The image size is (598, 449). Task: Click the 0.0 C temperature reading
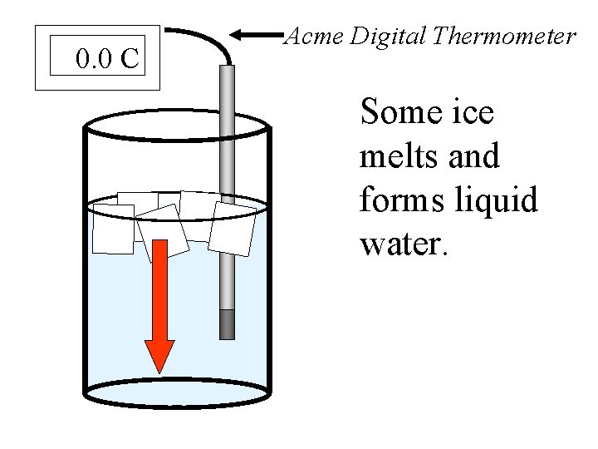tap(106, 59)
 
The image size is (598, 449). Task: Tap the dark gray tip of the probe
tap(227, 324)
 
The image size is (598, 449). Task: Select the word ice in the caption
tap(473, 112)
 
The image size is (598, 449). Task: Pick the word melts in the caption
tap(395, 155)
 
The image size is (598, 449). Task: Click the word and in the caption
tap(473, 155)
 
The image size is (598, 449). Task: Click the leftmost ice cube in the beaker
tap(113, 229)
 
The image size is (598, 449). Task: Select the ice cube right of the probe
tap(236, 228)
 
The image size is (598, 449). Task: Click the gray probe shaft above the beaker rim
tap(227, 91)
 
